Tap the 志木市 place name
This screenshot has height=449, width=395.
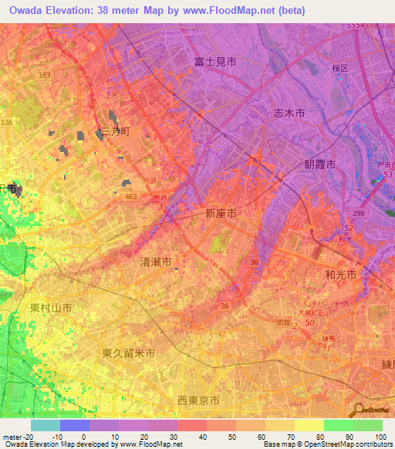[289, 113]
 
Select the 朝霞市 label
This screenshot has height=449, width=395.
[319, 165]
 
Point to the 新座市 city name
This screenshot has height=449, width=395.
[221, 213]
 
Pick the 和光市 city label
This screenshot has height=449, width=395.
[340, 275]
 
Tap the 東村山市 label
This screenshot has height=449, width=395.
[51, 308]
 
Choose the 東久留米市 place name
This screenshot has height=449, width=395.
[129, 353]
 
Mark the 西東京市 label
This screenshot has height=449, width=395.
[198, 400]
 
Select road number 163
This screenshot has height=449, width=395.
[44, 75]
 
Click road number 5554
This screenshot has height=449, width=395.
[355, 25]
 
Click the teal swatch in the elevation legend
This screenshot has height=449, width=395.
[46, 425]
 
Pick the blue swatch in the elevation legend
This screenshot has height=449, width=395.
[75, 425]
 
